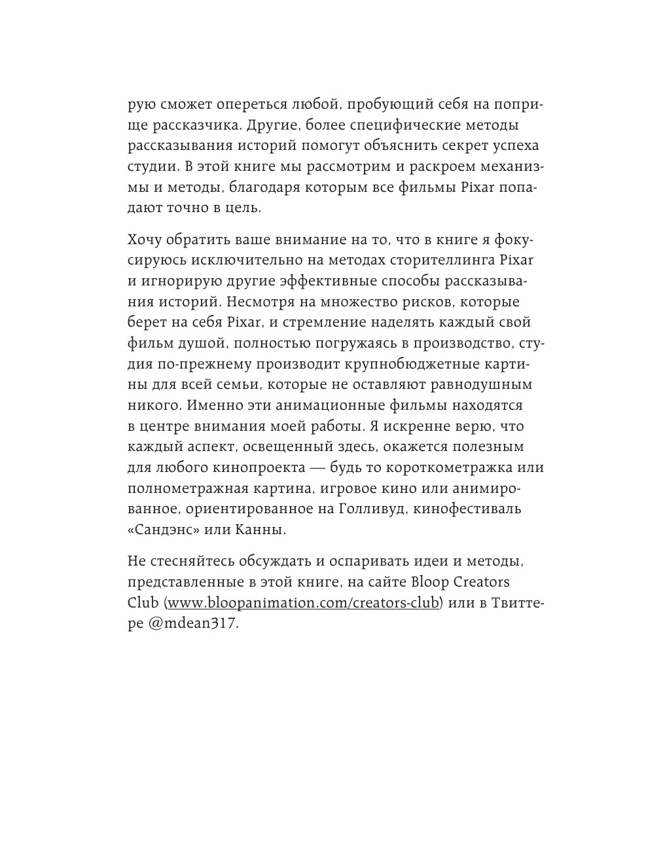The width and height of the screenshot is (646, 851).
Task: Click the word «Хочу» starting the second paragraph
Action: [x=147, y=239]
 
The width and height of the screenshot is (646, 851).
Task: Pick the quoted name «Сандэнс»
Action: [x=164, y=530]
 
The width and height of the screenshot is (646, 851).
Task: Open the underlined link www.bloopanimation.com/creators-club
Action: [x=303, y=603]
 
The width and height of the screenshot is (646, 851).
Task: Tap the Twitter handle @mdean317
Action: [x=192, y=624]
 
